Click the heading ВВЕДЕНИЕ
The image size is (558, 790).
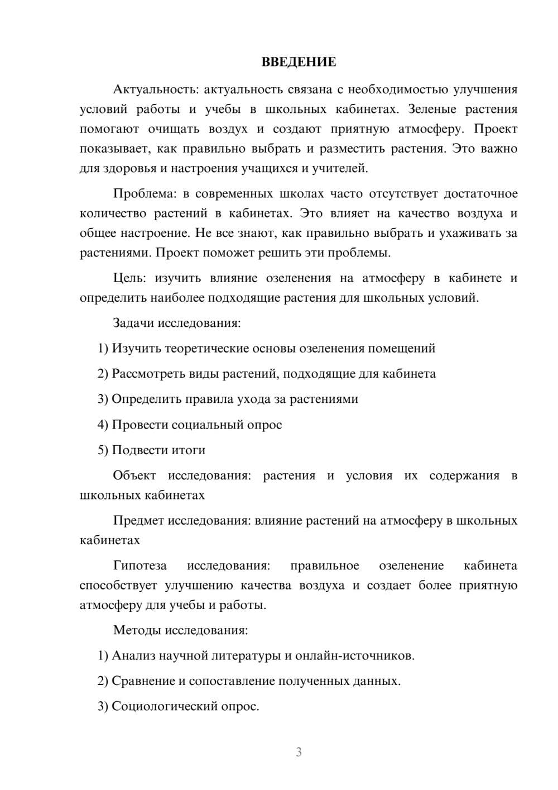pyautogui.click(x=299, y=62)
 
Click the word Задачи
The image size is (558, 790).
pyautogui.click(x=133, y=323)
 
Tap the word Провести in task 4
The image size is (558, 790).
pyautogui.click(x=139, y=425)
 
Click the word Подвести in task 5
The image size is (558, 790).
pyautogui.click(x=140, y=450)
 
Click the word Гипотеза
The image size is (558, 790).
pyautogui.click(x=140, y=566)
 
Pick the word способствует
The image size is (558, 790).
pyautogui.click(x=118, y=586)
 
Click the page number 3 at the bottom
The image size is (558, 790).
pyautogui.click(x=299, y=752)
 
